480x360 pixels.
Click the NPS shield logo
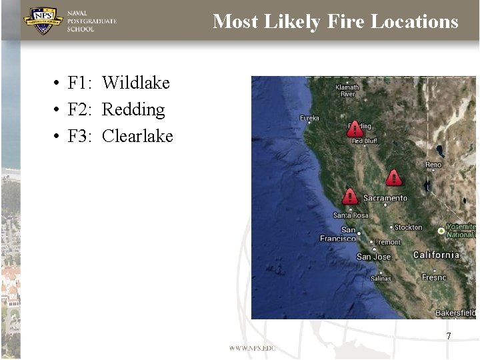(43, 21)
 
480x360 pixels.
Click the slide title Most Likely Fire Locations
(335, 21)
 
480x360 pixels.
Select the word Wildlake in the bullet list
(136, 83)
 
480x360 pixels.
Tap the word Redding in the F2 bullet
(133, 109)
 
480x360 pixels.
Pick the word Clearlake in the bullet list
(137, 136)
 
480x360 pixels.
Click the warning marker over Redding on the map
(355, 129)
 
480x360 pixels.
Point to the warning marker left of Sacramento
(350, 196)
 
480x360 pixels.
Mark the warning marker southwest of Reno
(394, 177)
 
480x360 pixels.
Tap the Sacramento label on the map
(385, 198)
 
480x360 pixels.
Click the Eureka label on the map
(309, 118)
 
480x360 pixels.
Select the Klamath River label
(347, 91)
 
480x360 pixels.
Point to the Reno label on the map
(433, 165)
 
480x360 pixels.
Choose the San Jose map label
(373, 257)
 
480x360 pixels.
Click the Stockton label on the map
(408, 227)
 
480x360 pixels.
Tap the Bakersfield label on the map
(455, 313)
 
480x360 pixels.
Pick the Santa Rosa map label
(351, 215)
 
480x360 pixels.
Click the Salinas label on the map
(381, 278)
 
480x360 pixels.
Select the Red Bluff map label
(365, 141)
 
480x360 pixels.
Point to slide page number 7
(449, 336)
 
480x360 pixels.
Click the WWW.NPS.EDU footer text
(252, 348)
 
